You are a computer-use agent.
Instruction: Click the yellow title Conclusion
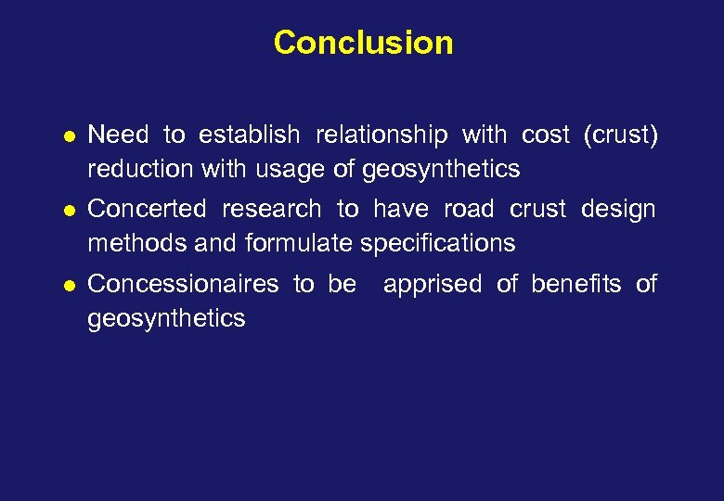tap(363, 43)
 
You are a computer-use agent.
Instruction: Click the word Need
tap(118, 135)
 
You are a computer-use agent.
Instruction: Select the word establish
tap(251, 135)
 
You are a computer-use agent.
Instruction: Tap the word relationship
tap(381, 135)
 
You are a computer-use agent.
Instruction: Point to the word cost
tap(545, 135)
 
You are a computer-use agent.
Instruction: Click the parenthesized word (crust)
tap(620, 135)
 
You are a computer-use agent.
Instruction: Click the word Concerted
tap(145, 210)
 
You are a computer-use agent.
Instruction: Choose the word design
tap(618, 210)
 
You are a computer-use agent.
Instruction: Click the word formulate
tap(300, 244)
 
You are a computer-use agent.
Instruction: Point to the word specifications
tap(437, 244)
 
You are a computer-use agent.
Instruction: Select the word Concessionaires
tap(182, 284)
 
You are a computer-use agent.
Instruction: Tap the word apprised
tap(432, 284)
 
